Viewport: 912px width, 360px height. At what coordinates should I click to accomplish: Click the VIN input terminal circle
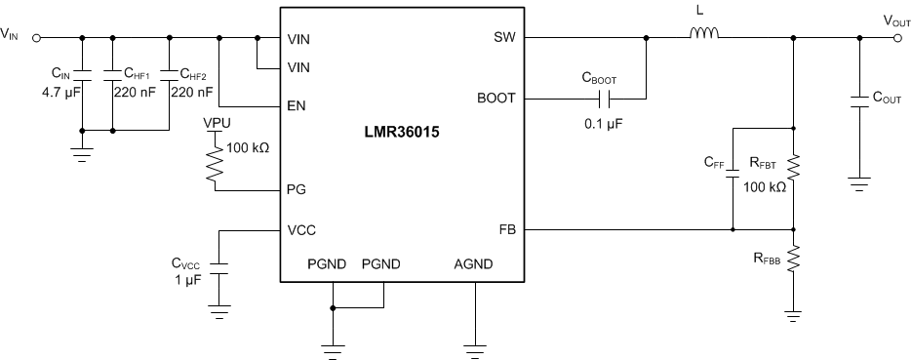click(36, 39)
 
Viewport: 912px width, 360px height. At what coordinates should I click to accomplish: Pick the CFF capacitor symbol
click(734, 179)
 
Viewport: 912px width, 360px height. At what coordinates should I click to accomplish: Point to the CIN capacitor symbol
click(82, 74)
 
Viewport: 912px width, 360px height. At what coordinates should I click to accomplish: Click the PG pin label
click(298, 188)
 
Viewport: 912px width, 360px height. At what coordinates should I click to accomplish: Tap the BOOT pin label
click(496, 99)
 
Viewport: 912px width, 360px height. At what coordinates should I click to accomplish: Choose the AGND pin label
click(474, 264)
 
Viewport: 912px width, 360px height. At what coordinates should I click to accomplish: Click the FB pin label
click(506, 230)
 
